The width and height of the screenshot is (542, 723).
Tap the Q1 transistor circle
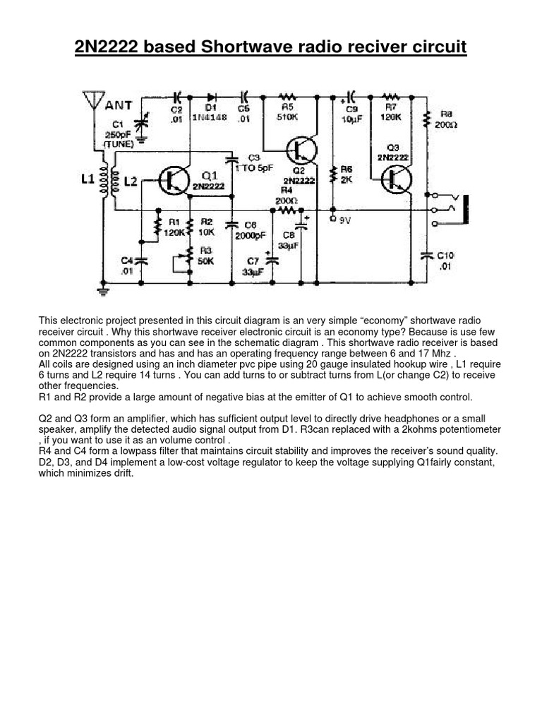[172, 181]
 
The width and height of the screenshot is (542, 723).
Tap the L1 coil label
[88, 180]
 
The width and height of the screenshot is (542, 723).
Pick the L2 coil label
[131, 182]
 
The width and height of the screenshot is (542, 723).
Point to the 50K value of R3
[207, 261]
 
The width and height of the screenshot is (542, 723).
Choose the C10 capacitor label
[447, 255]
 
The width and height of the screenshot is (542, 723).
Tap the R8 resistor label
[447, 113]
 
